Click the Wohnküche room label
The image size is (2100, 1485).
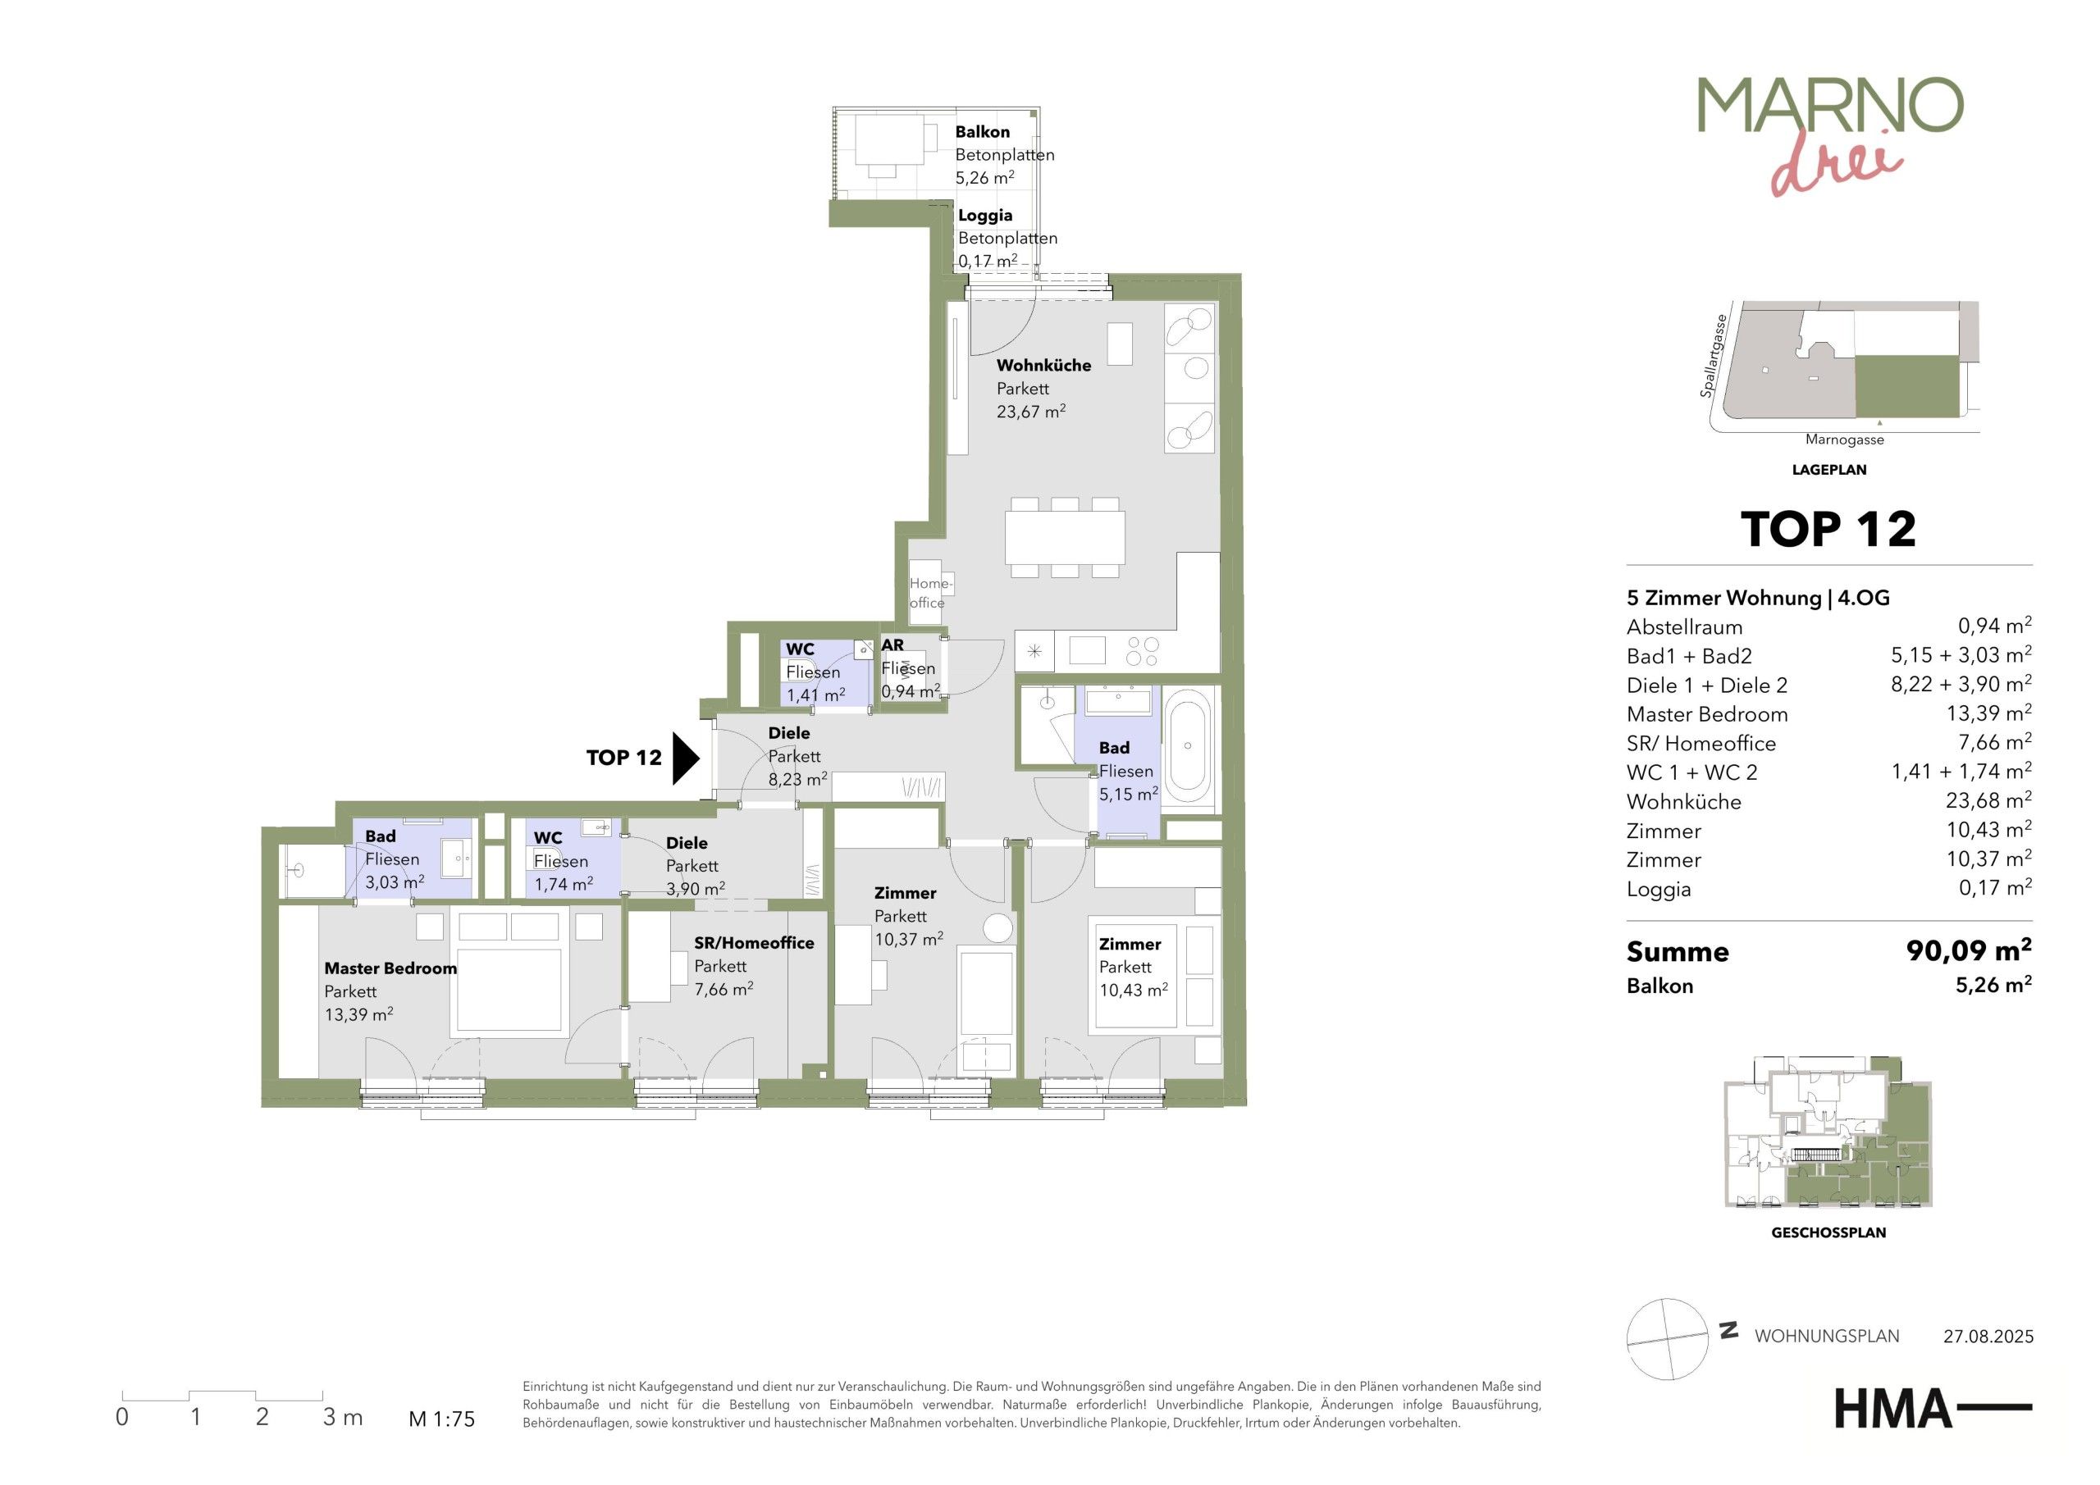point(1043,366)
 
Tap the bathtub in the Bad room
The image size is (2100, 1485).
point(1188,746)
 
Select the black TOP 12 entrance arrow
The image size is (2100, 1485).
point(686,758)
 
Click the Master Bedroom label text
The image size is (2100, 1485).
point(390,968)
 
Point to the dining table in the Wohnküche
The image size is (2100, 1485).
point(1066,538)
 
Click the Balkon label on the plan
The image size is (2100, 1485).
point(982,132)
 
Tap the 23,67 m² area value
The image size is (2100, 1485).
point(1031,412)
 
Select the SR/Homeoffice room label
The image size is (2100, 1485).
point(754,943)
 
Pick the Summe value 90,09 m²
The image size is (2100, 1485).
point(1968,951)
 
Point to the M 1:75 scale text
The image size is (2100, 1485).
point(442,1419)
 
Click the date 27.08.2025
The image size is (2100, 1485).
point(1988,1336)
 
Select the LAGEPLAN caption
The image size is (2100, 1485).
point(1828,470)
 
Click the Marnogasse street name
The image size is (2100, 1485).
point(1845,440)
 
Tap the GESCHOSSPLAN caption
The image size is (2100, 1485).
point(1828,1232)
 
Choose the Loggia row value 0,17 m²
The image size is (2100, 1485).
point(1995,887)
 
